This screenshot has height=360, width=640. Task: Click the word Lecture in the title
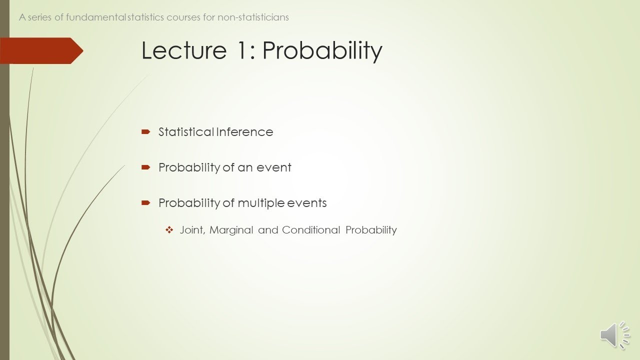click(x=184, y=50)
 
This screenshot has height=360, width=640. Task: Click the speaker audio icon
click(x=614, y=334)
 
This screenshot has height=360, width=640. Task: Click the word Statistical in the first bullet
click(x=186, y=132)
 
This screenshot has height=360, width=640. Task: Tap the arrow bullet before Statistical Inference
click(x=145, y=132)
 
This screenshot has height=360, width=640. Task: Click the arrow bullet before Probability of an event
click(x=145, y=167)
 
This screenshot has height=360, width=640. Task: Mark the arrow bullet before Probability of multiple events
click(x=145, y=203)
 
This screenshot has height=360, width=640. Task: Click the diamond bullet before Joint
click(x=169, y=230)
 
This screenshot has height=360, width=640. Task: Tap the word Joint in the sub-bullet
click(x=192, y=230)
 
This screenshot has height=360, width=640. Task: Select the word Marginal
click(x=231, y=230)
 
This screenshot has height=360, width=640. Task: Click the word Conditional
click(x=311, y=230)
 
